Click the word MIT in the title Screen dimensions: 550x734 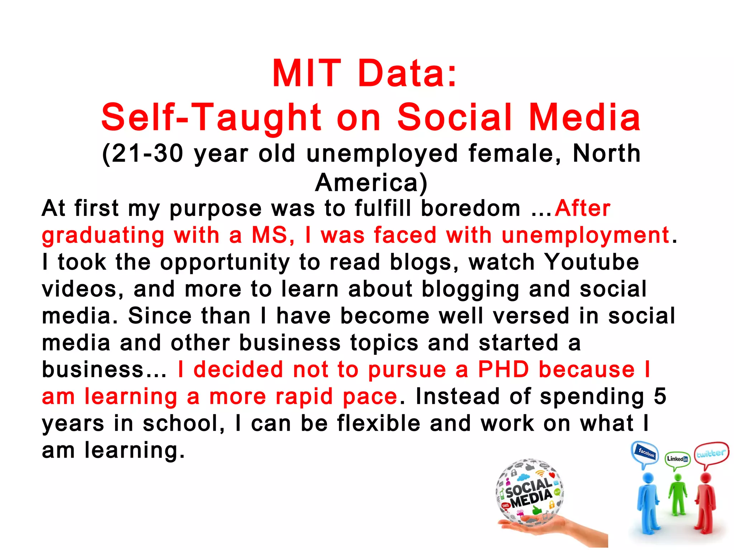(306, 74)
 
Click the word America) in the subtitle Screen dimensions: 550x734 (371, 183)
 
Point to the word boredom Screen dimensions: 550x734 (471, 208)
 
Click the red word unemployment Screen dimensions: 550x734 (585, 236)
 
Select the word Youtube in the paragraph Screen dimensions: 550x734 (591, 262)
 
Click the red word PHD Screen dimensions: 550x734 (504, 370)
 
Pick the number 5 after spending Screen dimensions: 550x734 (660, 396)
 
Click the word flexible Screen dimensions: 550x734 (378, 423)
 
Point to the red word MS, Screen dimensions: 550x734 (273, 236)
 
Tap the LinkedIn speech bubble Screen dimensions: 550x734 (677, 459)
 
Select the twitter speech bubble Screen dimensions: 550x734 (711, 454)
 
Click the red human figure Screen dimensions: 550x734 (705, 501)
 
